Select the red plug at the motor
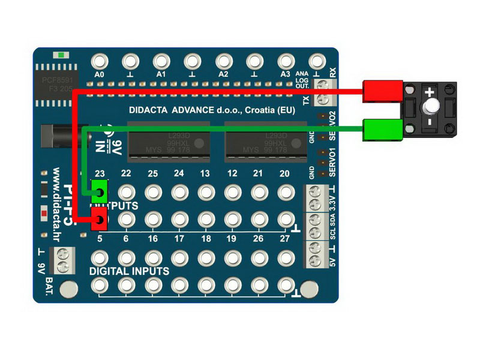click(383, 91)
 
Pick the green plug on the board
click(99, 191)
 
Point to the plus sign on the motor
click(430, 92)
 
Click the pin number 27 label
click(284, 238)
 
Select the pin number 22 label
click(126, 173)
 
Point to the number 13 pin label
click(205, 173)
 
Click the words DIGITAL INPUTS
click(129, 271)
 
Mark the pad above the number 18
click(206, 220)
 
